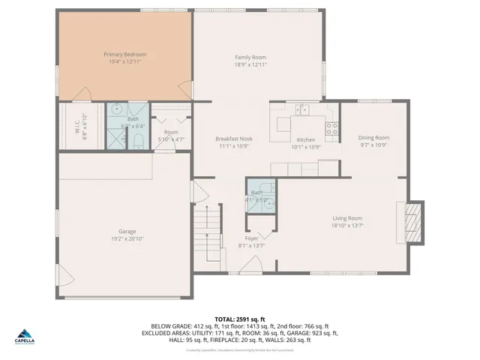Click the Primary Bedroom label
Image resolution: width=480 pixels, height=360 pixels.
(x=124, y=55)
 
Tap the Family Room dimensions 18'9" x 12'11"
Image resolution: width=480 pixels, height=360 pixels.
(x=250, y=65)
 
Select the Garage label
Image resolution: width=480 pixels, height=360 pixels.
(x=127, y=232)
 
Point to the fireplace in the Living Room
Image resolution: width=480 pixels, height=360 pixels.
(x=412, y=223)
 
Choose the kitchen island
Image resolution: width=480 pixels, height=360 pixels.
(x=283, y=124)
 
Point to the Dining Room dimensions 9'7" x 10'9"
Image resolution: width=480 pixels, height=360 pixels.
(x=373, y=145)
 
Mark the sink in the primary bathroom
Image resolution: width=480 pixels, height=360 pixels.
(x=118, y=109)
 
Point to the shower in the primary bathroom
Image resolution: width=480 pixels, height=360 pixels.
(x=116, y=139)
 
